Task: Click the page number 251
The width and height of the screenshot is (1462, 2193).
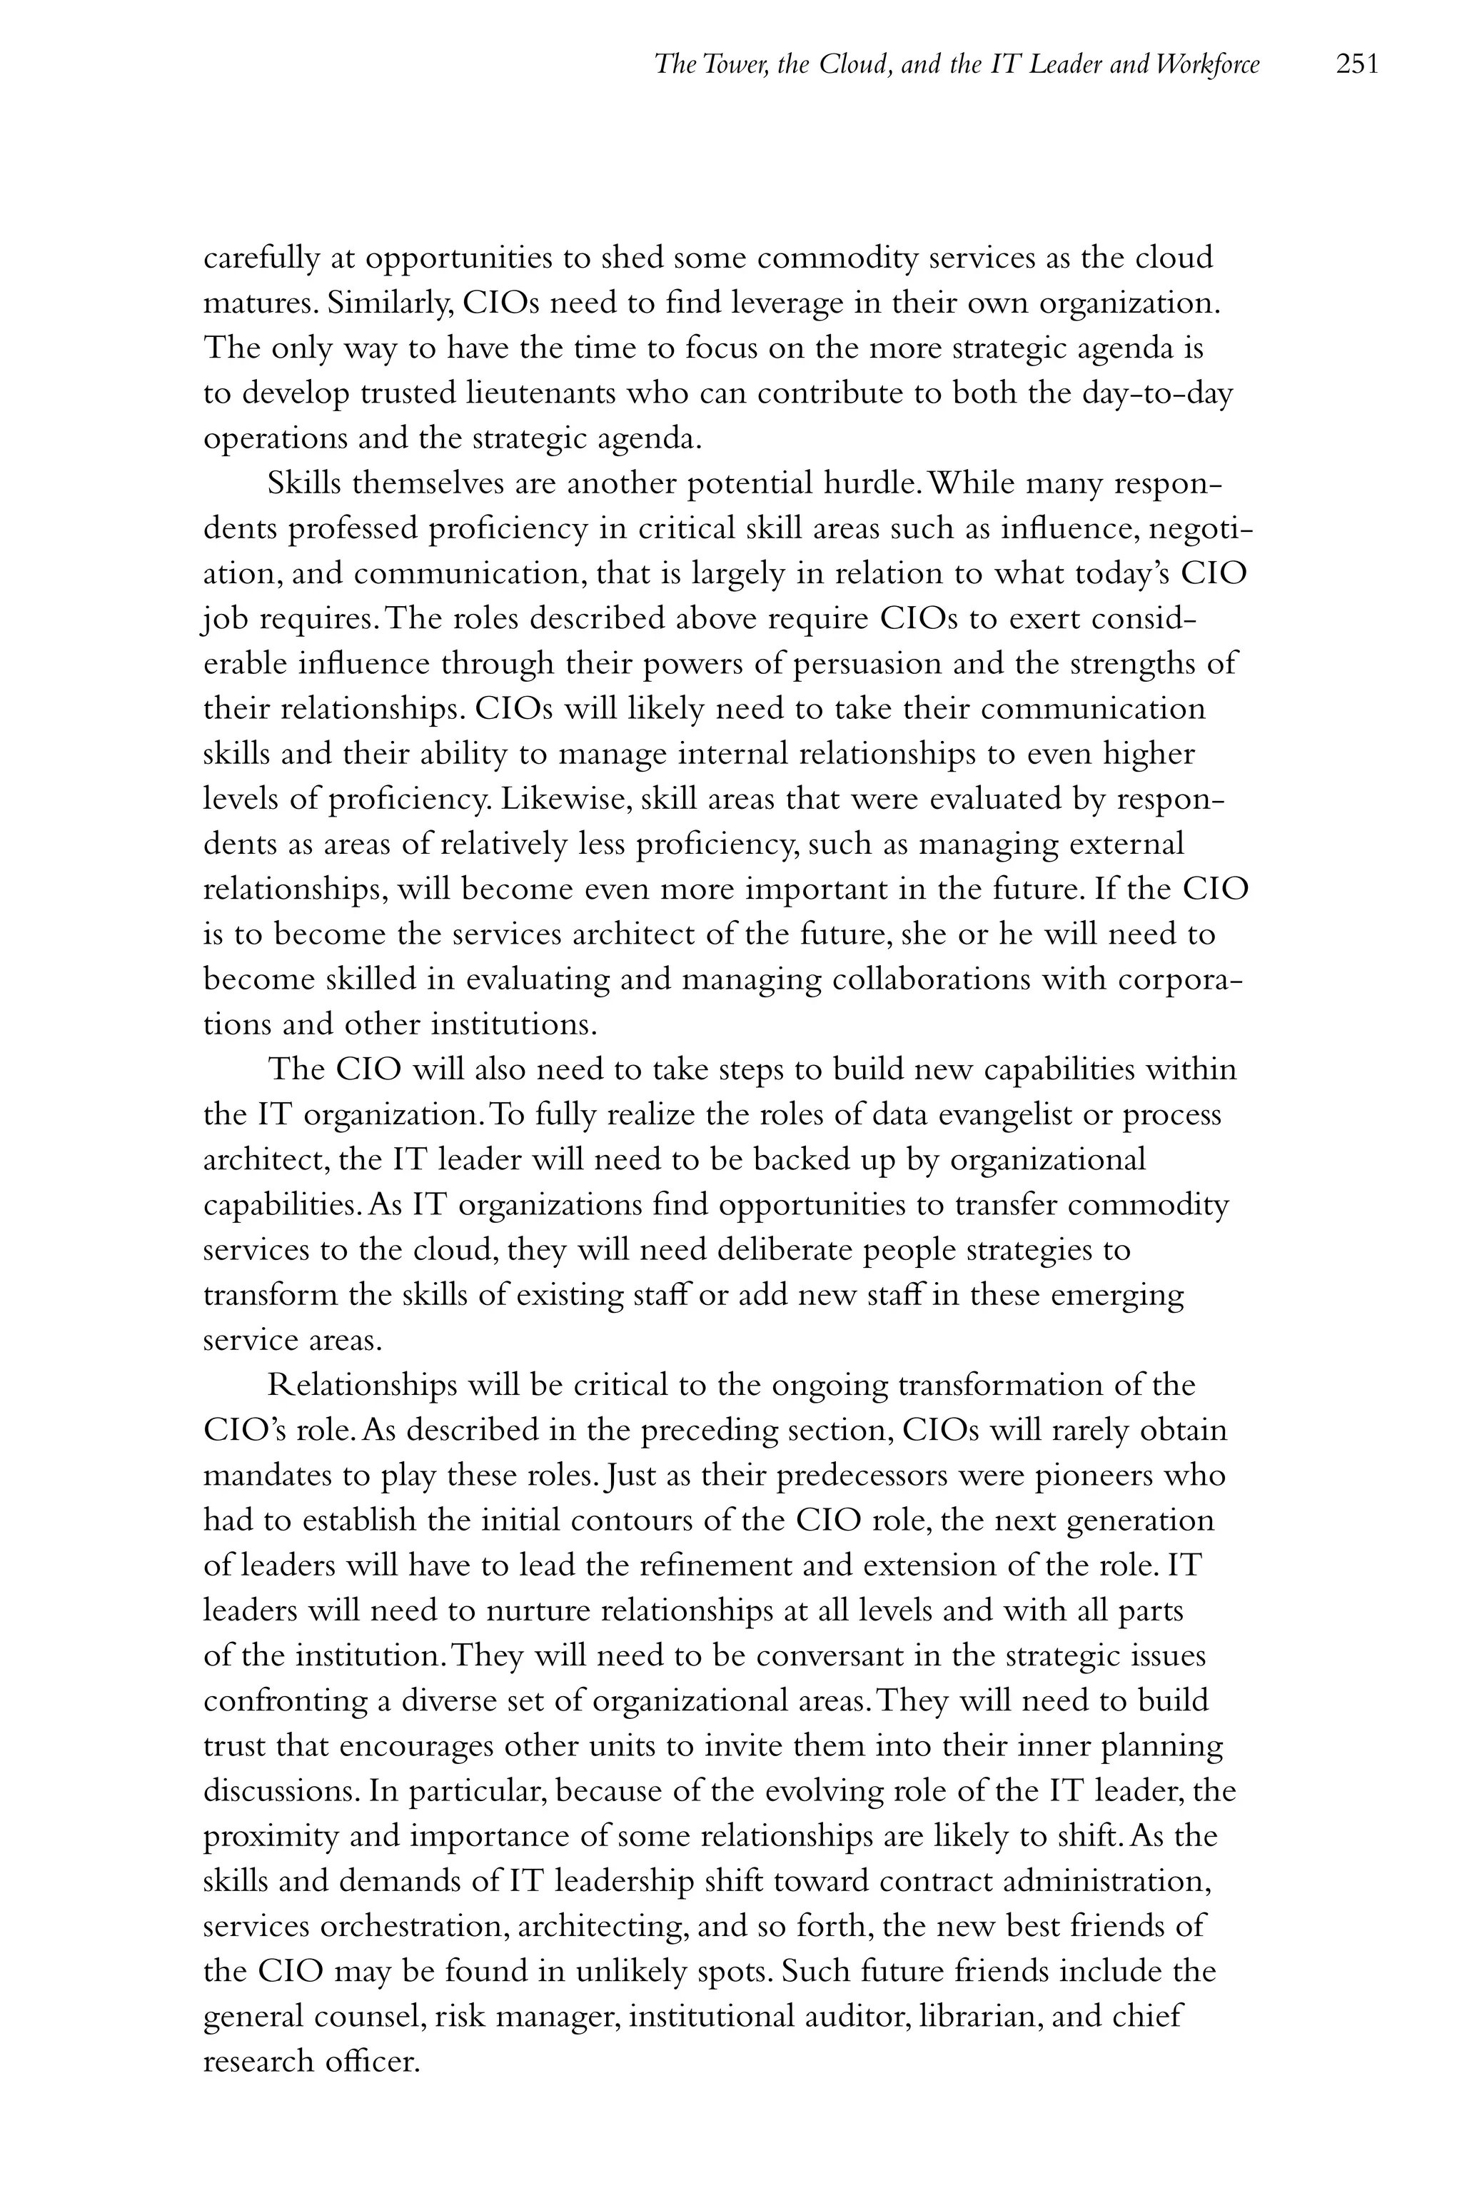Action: tap(1356, 64)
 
